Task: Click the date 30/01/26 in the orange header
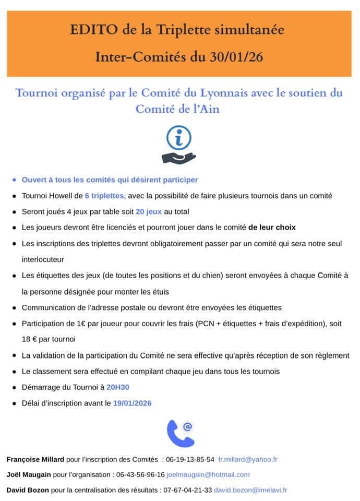(234, 56)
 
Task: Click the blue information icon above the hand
(178, 138)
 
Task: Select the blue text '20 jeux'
(149, 211)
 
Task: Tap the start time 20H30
(118, 387)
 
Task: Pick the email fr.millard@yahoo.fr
(248, 459)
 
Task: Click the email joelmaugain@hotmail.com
(208, 474)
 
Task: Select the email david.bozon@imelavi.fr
(250, 490)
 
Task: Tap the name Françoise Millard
(35, 459)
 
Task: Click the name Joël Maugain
(29, 474)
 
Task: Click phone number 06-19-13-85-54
(190, 459)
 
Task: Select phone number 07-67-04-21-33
(187, 490)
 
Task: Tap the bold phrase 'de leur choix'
(272, 228)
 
